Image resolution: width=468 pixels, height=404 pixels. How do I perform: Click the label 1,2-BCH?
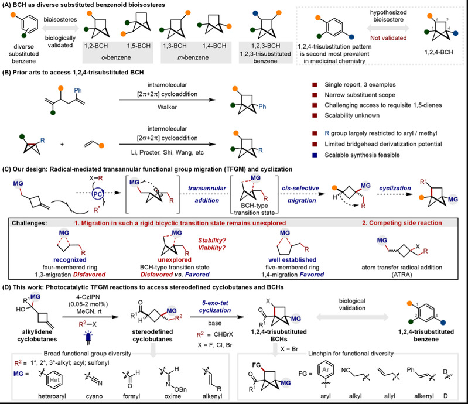(96, 46)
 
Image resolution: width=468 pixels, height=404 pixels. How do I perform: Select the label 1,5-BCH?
(139, 46)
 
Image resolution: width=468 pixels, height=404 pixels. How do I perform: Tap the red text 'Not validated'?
(388, 38)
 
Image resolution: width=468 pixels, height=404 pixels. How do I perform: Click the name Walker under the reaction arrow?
(167, 107)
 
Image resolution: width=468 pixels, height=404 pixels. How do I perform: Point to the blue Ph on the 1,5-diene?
(78, 90)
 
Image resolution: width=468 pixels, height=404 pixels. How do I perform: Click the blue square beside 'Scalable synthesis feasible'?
(315, 155)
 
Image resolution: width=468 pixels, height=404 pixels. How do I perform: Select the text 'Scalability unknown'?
(352, 115)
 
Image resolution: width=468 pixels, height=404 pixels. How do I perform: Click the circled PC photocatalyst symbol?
(97, 194)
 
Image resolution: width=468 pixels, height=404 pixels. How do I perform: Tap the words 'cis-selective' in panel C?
(300, 189)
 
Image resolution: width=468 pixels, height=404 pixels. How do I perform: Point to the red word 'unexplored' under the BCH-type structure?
(175, 260)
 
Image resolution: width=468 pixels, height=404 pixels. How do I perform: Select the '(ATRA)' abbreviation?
(402, 275)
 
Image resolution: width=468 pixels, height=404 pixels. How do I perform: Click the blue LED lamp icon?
(88, 338)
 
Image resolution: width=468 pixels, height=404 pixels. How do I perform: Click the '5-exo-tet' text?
(215, 303)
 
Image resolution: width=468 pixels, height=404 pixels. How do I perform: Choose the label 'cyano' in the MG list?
(94, 396)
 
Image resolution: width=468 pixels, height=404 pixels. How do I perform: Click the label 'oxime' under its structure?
(173, 396)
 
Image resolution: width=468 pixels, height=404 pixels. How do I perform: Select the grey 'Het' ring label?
(54, 380)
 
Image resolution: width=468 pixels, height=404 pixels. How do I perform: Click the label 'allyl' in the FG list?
(390, 396)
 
